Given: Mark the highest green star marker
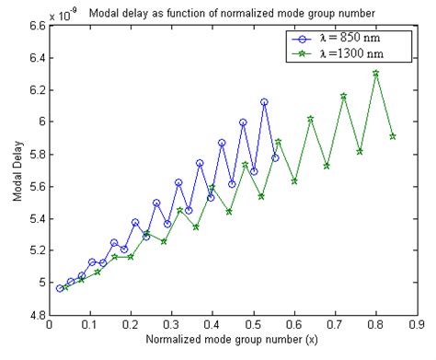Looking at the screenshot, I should click(375, 73).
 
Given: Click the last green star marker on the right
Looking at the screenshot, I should click(393, 136).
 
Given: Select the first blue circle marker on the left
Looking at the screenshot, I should click(60, 288).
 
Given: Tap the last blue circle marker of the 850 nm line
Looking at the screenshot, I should click(275, 157).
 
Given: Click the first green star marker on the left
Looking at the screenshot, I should click(65, 287).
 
